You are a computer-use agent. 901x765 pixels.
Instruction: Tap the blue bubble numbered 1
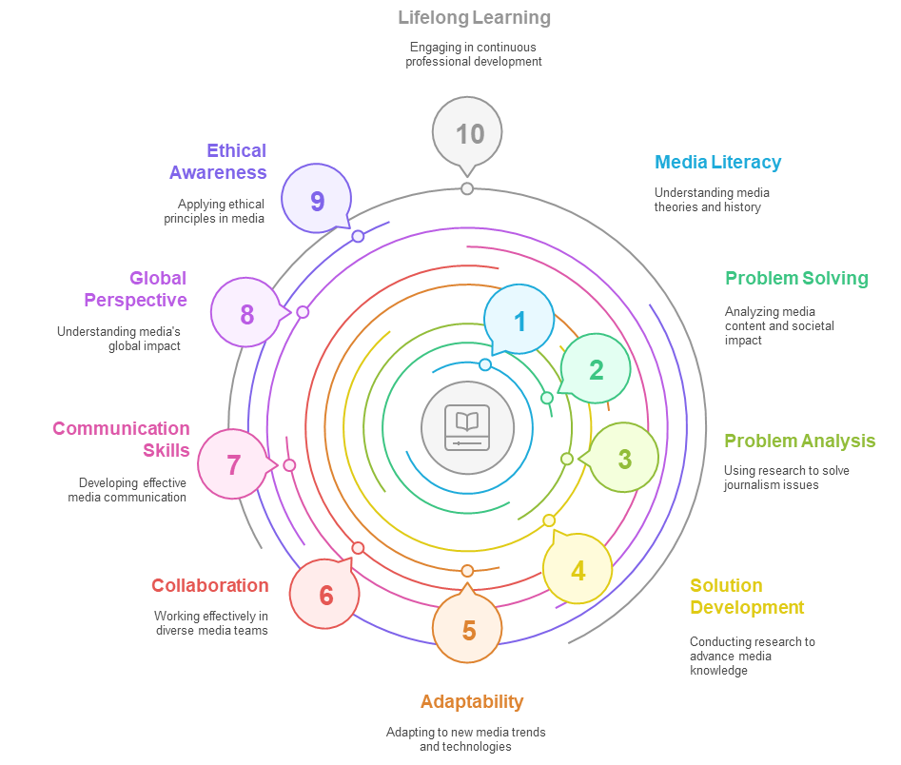tap(519, 321)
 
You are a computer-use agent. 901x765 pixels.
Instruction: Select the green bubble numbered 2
tap(596, 369)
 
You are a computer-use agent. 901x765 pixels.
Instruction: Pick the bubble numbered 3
tap(624, 458)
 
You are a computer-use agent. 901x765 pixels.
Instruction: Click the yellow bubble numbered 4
tap(578, 569)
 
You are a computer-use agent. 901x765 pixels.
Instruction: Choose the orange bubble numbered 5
tap(468, 629)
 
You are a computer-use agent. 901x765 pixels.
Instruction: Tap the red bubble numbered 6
tap(325, 595)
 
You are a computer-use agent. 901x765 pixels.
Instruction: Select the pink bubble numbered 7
tap(233, 464)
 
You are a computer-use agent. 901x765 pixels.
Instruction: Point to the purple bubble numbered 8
tap(246, 313)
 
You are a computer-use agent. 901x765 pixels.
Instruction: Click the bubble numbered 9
tap(317, 200)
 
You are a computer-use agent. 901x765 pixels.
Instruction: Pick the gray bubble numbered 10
tap(468, 133)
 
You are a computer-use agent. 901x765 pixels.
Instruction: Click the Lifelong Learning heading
tap(474, 17)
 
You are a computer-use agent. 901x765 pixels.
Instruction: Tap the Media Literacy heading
tap(717, 162)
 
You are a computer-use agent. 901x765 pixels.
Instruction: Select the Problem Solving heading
tap(796, 278)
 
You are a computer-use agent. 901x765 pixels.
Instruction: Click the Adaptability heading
tap(471, 701)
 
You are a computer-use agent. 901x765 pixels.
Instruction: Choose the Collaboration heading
tap(209, 585)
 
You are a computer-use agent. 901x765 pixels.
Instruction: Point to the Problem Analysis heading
tap(799, 441)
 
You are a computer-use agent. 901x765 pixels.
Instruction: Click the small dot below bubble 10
tap(467, 188)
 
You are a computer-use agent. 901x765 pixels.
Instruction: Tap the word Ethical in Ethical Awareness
tap(237, 150)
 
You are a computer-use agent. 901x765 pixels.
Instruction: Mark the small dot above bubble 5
tap(467, 570)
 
